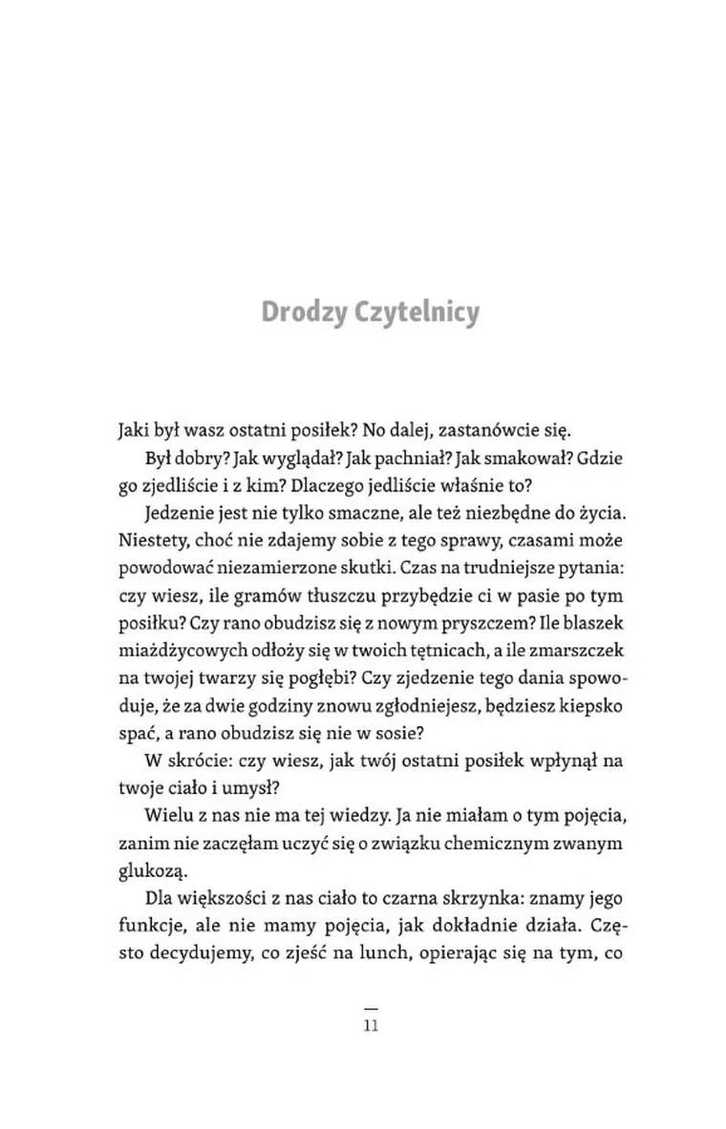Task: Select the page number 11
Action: coord(372,1027)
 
